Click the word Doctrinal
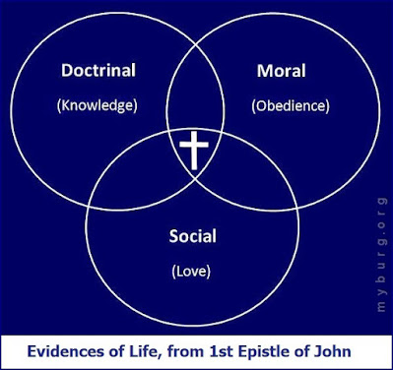pyautogui.click(x=98, y=71)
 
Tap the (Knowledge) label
pyautogui.click(x=98, y=105)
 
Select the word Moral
pyautogui.click(x=282, y=71)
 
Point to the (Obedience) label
pyautogui.click(x=291, y=106)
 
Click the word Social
pyautogui.click(x=193, y=236)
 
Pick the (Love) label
pyautogui.click(x=191, y=272)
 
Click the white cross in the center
pyautogui.click(x=194, y=151)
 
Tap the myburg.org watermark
pyautogui.click(x=381, y=255)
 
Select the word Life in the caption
pyautogui.click(x=150, y=351)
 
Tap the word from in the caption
pyautogui.click(x=186, y=351)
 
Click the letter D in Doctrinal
pyautogui.click(x=67, y=71)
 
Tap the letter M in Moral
pyautogui.click(x=265, y=71)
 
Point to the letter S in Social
pyautogui.click(x=174, y=236)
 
